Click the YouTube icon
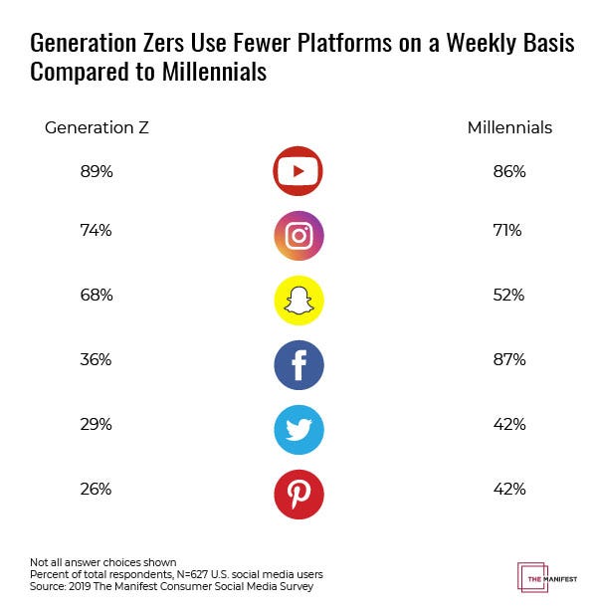tap(298, 171)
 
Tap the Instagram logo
tap(298, 236)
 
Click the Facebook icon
tap(298, 365)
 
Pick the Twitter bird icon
tap(298, 429)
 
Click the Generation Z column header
tap(97, 127)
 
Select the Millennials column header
tap(509, 127)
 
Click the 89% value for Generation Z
tap(97, 171)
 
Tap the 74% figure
tap(97, 231)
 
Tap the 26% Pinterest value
tap(97, 489)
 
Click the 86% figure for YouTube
tap(508, 171)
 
